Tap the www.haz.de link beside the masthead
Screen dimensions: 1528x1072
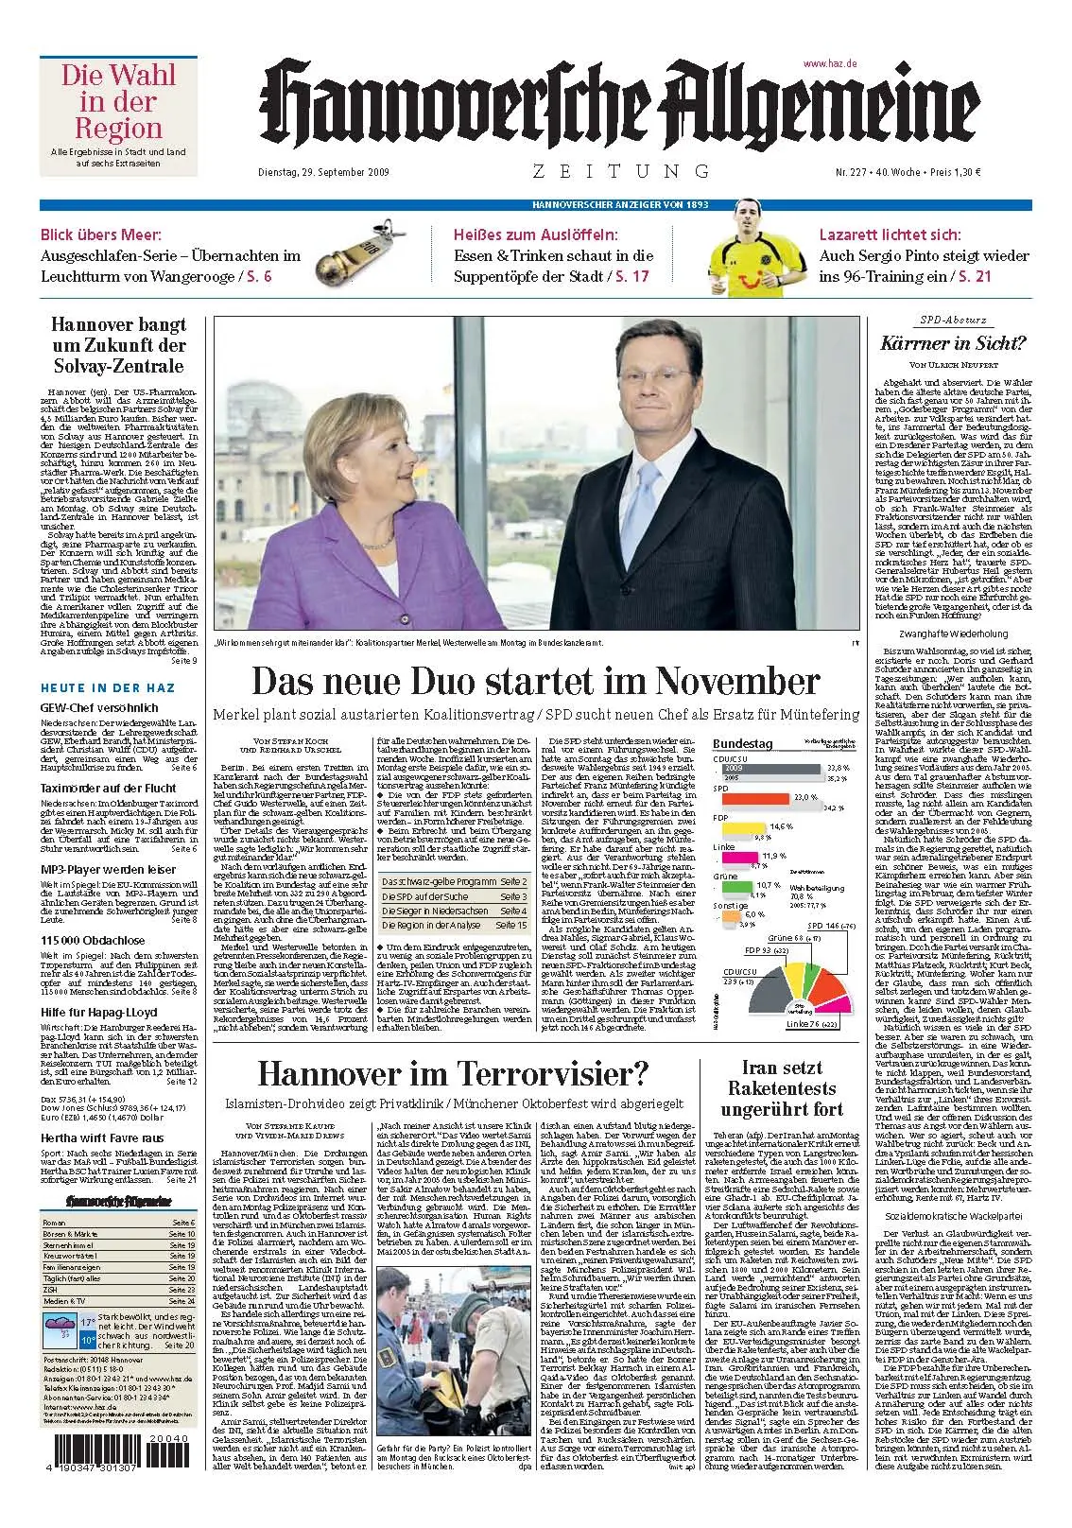pos(829,62)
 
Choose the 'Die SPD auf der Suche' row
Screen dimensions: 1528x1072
pos(454,895)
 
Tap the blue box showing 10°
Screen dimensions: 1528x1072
pos(87,1339)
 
